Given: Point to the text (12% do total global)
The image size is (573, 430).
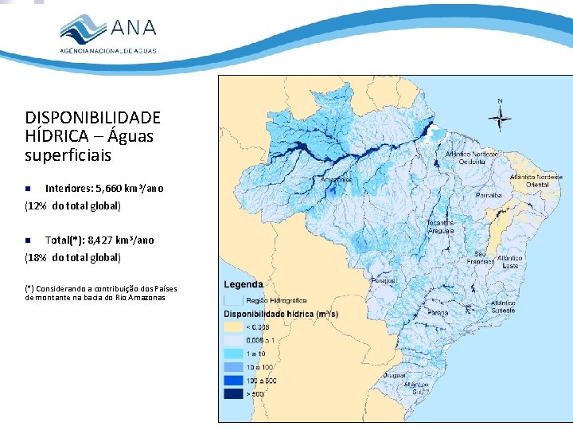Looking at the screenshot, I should tap(72, 206).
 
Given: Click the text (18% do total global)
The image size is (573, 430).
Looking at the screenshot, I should tap(72, 257).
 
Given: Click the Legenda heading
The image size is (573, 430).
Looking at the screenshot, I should tap(244, 285).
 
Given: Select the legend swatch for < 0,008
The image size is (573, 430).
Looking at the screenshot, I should tap(233, 326).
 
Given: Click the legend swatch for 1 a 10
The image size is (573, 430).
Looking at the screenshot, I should tap(233, 353).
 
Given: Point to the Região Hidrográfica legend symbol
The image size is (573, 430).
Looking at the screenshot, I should tap(233, 300).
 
